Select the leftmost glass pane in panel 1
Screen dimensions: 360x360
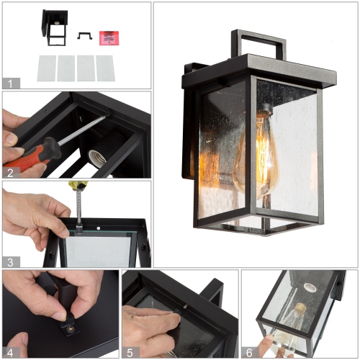(45, 68)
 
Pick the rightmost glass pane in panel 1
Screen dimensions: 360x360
(105, 68)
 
